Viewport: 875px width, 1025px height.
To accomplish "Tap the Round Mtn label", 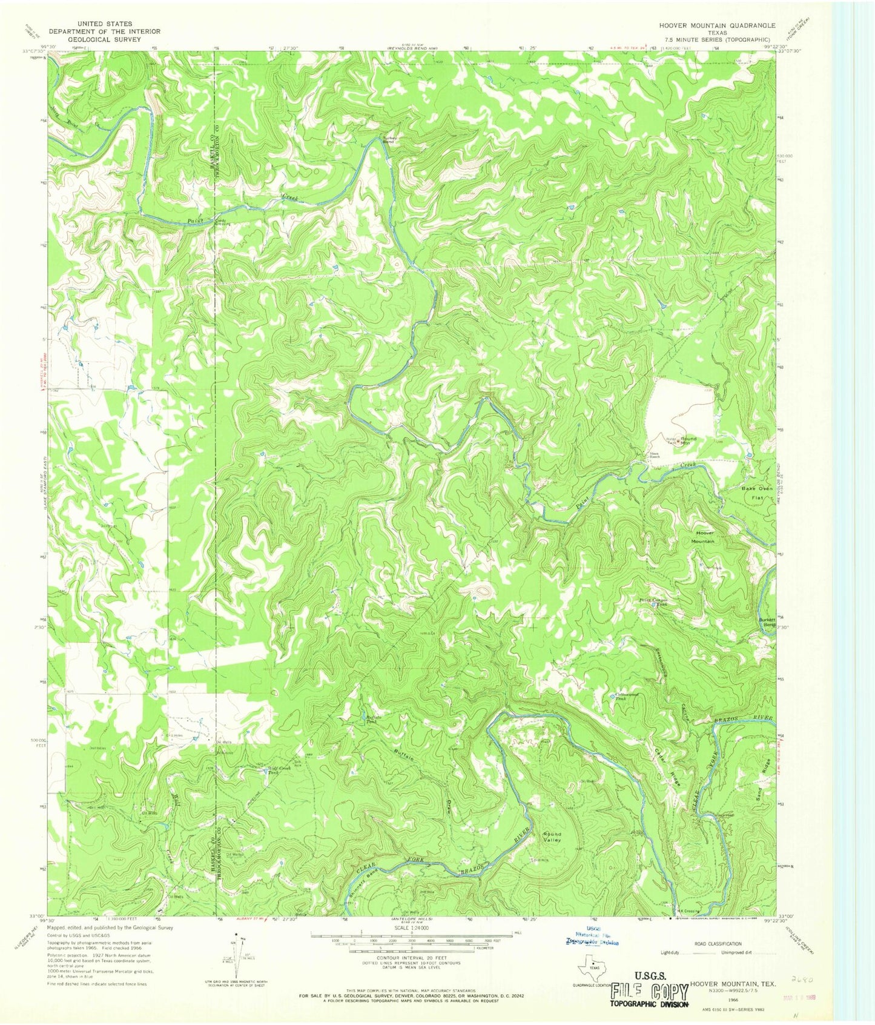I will pyautogui.click(x=688, y=440).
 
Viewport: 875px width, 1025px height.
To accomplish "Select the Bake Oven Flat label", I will pyautogui.click(x=757, y=493).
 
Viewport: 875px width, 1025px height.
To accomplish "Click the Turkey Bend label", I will pyautogui.click(x=389, y=140).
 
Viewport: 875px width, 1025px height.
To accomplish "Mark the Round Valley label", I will pyautogui.click(x=552, y=837).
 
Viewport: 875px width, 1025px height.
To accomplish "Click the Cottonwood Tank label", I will pyautogui.click(x=625, y=695).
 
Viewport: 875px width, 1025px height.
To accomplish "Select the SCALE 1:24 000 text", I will pyautogui.click(x=411, y=927).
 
